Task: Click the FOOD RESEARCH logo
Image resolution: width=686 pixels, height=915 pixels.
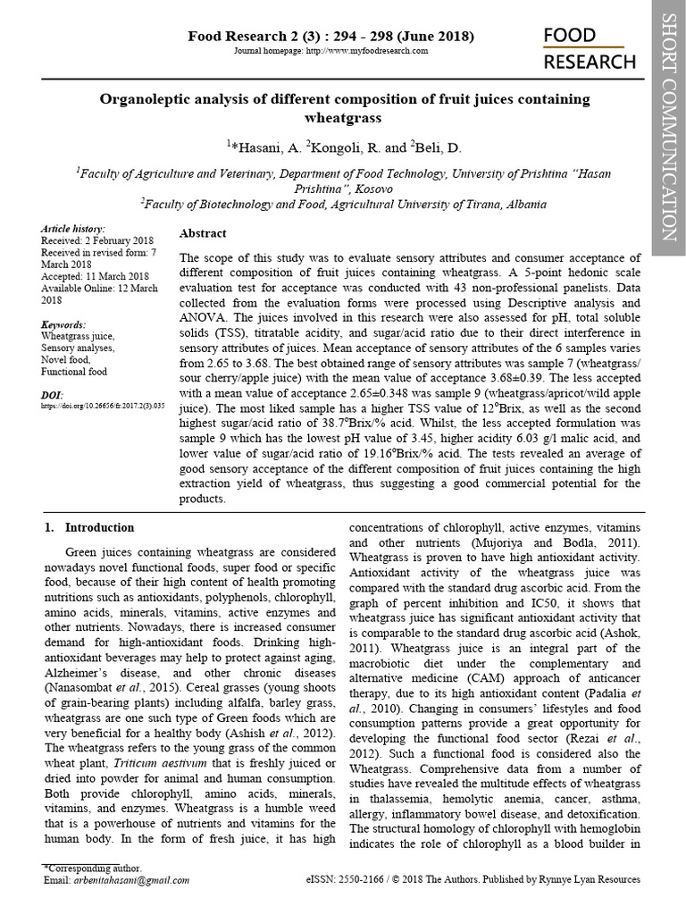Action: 590,48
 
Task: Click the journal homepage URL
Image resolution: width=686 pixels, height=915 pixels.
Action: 367,52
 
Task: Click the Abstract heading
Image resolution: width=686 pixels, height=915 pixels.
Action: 203,233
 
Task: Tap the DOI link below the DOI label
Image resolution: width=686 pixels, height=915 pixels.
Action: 103,405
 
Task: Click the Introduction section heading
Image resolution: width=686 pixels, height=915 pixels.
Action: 99,527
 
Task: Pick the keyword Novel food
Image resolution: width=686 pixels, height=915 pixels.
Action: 66,359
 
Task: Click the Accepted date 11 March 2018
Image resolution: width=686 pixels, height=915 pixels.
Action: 95,276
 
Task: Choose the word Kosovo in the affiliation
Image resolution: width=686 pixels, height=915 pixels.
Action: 345,189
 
